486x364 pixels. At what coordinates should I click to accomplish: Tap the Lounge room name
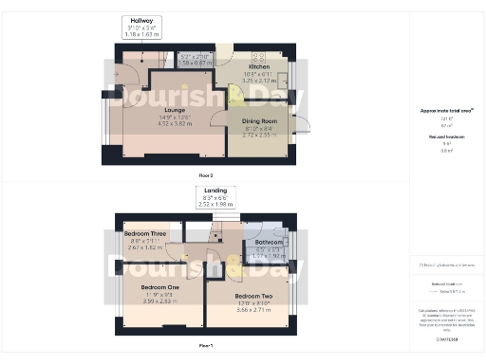click(174, 110)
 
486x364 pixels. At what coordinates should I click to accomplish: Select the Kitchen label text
click(260, 67)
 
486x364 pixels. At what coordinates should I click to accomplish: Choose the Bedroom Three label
click(145, 233)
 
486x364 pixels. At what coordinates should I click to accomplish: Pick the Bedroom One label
click(159, 286)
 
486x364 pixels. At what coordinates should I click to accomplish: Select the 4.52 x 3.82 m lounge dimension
click(174, 123)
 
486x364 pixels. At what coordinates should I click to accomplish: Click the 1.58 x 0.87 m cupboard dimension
click(196, 62)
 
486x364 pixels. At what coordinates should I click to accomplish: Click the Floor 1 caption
click(205, 346)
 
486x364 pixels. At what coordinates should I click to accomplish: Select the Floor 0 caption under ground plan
click(205, 174)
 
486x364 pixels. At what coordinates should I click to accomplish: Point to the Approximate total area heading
click(448, 111)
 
